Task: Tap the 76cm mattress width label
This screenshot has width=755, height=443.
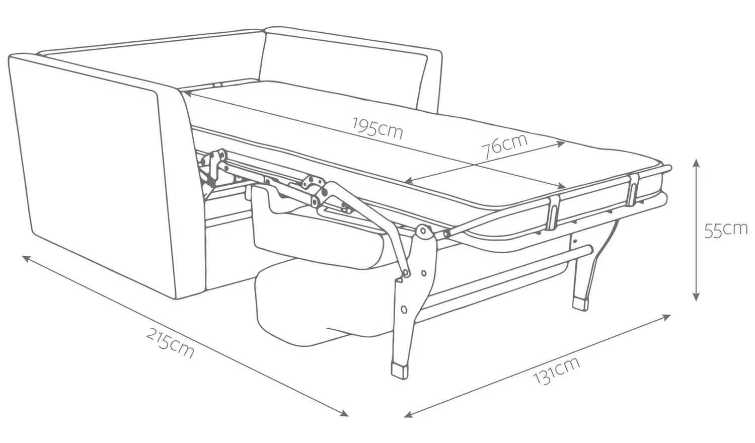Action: (x=504, y=146)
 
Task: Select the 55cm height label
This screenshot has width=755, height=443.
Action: (x=726, y=230)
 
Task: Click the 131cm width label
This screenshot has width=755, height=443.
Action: (x=557, y=370)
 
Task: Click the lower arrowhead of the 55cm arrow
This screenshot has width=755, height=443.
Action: (x=696, y=297)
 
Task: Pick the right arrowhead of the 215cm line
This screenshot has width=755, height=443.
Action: (x=344, y=413)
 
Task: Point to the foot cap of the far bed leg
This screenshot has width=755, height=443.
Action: (x=581, y=304)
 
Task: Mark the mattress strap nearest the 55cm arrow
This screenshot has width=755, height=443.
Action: (x=632, y=190)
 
